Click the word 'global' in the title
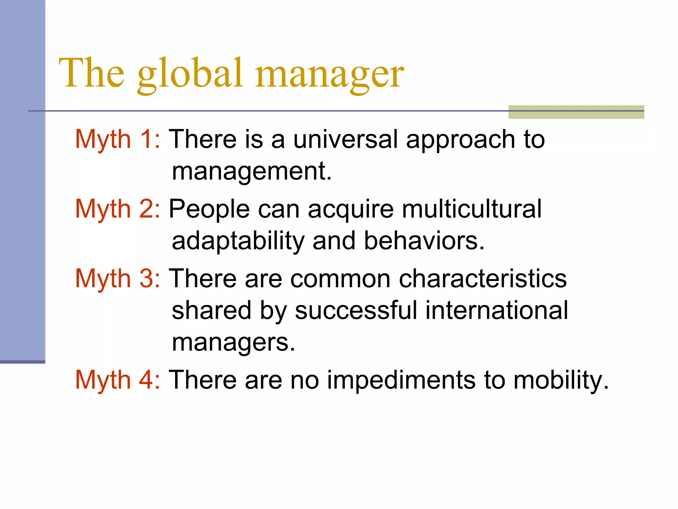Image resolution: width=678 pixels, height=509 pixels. click(x=190, y=74)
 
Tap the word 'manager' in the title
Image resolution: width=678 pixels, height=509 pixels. click(x=329, y=74)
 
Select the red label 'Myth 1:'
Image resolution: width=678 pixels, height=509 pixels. click(x=118, y=139)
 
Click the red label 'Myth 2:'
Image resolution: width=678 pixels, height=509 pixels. click(x=118, y=209)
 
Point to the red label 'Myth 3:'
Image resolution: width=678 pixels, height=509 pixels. click(x=118, y=279)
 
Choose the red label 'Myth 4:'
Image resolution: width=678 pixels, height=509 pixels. click(x=118, y=380)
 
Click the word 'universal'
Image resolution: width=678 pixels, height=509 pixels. click(x=345, y=139)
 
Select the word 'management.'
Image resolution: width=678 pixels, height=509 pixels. click(x=252, y=172)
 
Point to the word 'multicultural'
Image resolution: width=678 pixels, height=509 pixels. click(x=472, y=209)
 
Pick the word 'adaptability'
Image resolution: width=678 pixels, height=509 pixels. click(x=238, y=241)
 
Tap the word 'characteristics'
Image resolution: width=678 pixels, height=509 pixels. click(x=483, y=279)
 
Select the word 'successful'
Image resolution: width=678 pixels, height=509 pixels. click(x=356, y=311)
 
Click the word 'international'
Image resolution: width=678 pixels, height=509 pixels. click(x=497, y=311)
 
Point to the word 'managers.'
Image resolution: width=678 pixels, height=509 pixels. click(x=233, y=343)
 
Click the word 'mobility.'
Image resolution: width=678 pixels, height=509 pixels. click(x=561, y=380)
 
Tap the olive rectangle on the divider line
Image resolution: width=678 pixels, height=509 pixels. click(x=576, y=112)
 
